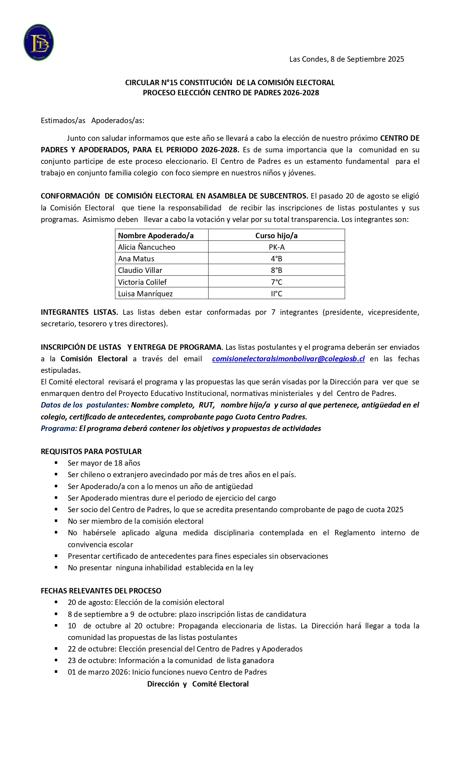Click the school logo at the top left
coord(39,42)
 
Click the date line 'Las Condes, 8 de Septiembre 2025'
coord(346,59)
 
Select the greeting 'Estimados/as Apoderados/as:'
coord(92,121)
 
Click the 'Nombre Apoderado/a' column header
coord(156,236)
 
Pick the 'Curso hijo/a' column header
coord(276,236)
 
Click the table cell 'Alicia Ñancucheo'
coord(146,247)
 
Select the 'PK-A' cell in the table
coord(276,247)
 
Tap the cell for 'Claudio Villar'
coord(140,270)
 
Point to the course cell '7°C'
coord(276,282)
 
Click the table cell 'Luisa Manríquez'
coord(145,294)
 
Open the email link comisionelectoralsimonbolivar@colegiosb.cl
coord(288,359)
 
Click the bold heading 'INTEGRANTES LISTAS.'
coord(79,312)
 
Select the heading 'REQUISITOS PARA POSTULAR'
coord(91,452)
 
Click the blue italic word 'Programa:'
coord(59,428)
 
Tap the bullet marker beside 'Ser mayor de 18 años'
coord(56,462)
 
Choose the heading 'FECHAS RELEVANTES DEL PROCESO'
coord(101,591)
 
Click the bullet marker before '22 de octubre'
coord(56,648)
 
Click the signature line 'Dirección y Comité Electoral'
coord(198,684)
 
